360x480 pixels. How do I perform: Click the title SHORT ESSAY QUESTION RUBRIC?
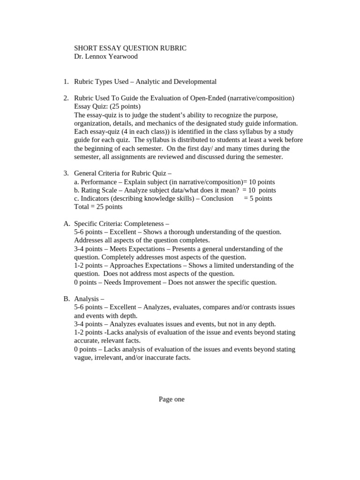click(x=130, y=48)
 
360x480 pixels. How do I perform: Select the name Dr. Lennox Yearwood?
click(x=106, y=57)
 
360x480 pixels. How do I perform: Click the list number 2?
click(x=66, y=98)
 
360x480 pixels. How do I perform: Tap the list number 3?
click(x=66, y=173)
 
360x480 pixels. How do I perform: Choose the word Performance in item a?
click(x=98, y=182)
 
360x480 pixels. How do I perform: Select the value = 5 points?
click(x=258, y=198)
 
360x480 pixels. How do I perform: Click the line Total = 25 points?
click(x=98, y=207)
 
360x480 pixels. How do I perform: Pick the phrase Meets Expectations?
click(x=136, y=249)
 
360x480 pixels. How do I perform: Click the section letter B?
click(x=66, y=299)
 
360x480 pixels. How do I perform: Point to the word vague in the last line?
click(x=83, y=357)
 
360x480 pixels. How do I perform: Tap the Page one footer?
click(x=172, y=399)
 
